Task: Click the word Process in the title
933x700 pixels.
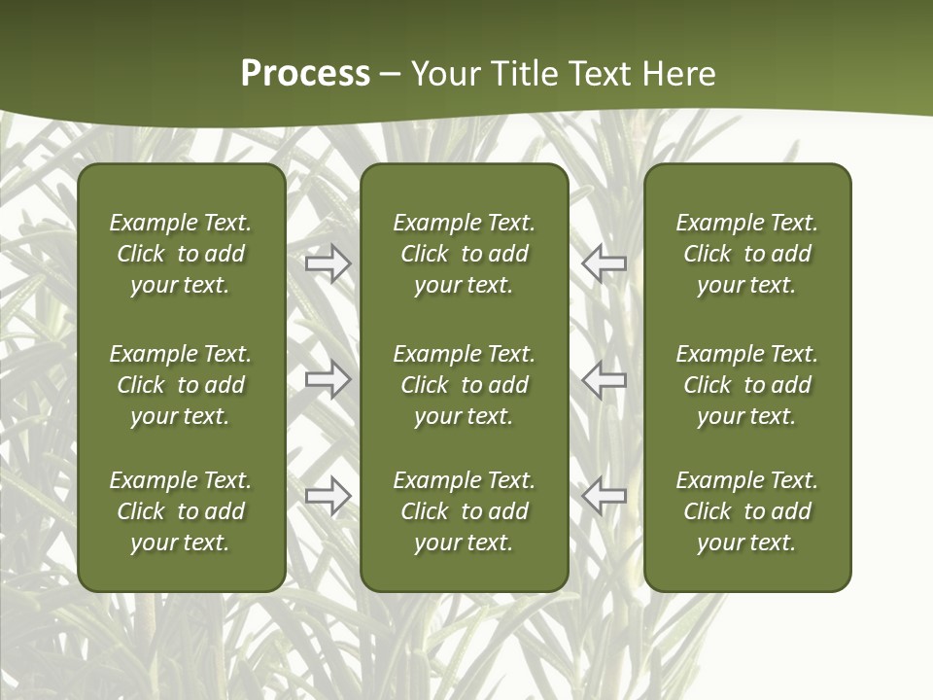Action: (x=305, y=74)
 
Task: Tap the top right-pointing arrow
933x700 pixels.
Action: (x=328, y=263)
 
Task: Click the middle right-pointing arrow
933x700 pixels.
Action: (x=328, y=379)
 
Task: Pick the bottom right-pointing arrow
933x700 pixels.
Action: (x=328, y=496)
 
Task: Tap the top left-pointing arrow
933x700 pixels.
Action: (x=604, y=263)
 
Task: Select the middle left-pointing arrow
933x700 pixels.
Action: (x=604, y=379)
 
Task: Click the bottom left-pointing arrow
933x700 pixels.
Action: (x=604, y=496)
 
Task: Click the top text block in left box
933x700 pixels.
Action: (x=181, y=254)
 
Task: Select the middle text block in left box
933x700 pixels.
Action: (x=181, y=385)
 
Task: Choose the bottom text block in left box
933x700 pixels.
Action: (x=181, y=511)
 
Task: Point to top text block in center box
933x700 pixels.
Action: (x=464, y=254)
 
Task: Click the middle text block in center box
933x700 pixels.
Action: (x=464, y=385)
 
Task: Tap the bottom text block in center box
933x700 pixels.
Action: (x=464, y=511)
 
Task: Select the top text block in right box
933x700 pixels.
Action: (x=746, y=254)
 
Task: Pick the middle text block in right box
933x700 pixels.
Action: (x=746, y=385)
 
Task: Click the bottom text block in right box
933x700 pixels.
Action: (x=746, y=511)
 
